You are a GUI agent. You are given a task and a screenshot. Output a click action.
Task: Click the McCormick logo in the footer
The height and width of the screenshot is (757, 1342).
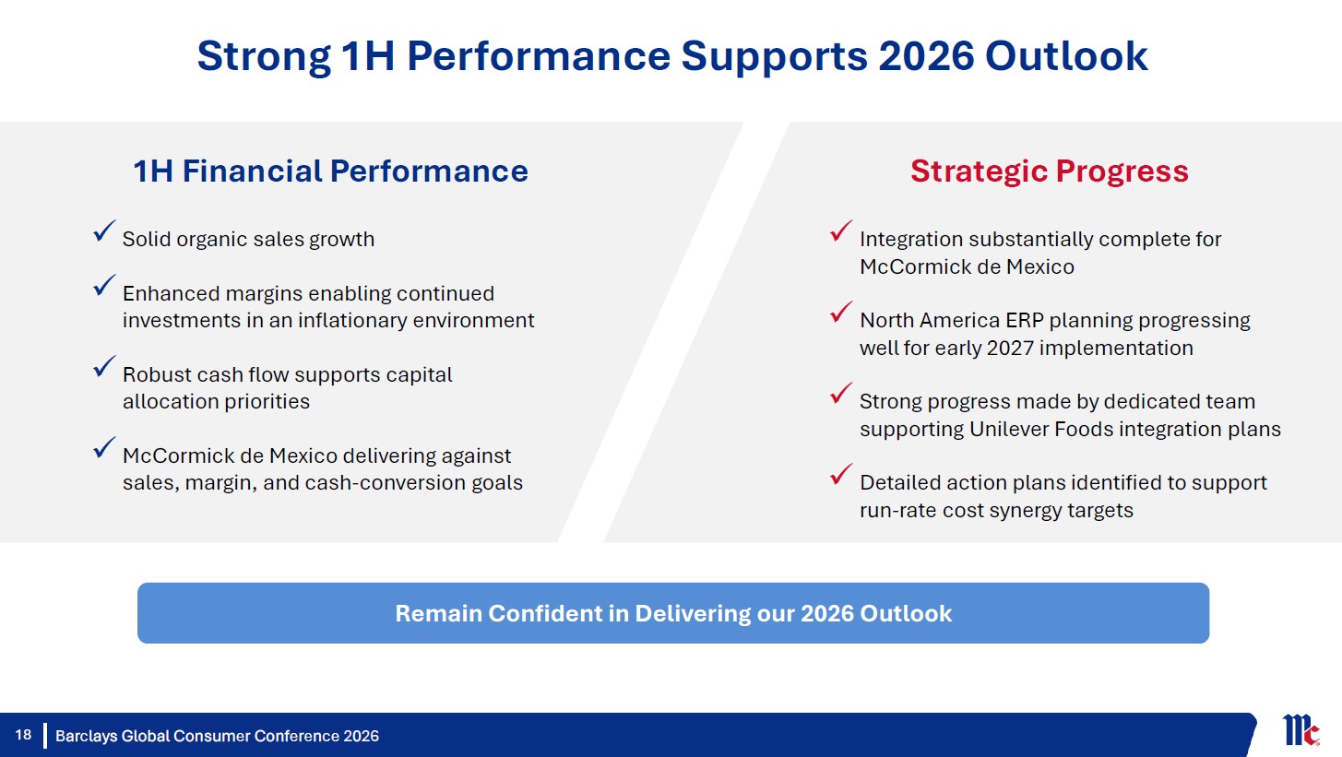(1300, 730)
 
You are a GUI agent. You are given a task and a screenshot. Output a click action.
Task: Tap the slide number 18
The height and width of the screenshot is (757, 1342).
(23, 735)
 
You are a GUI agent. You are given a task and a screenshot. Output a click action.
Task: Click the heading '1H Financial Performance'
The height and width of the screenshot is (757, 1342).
(331, 171)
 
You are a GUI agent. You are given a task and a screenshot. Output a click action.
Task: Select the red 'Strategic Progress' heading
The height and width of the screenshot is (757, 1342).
(1049, 172)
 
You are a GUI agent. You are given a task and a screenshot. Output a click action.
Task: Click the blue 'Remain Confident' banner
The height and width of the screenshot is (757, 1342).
(672, 612)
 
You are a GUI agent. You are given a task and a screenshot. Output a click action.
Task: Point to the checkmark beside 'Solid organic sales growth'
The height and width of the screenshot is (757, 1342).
(104, 231)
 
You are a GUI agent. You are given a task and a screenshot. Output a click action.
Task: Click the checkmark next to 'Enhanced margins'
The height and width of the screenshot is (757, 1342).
(104, 285)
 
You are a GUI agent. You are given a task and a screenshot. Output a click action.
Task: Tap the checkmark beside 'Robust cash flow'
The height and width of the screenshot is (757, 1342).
(104, 367)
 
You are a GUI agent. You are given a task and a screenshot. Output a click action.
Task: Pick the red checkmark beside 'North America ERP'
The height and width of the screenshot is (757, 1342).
(841, 312)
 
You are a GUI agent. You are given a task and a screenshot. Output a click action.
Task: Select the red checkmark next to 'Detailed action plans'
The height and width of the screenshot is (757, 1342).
(841, 474)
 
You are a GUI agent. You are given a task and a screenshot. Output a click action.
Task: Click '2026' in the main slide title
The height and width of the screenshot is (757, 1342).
(926, 55)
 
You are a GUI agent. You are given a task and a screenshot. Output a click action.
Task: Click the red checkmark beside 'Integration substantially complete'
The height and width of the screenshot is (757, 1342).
(841, 231)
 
